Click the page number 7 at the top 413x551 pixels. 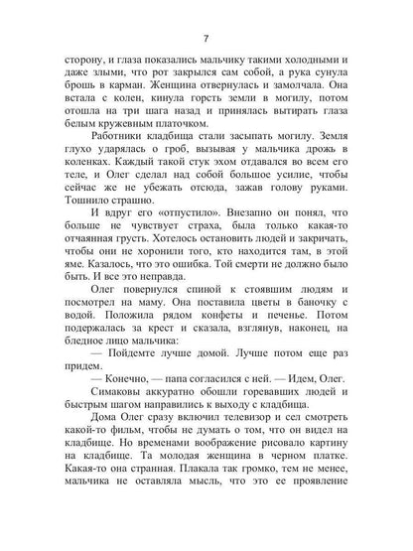pyautogui.click(x=205, y=39)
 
